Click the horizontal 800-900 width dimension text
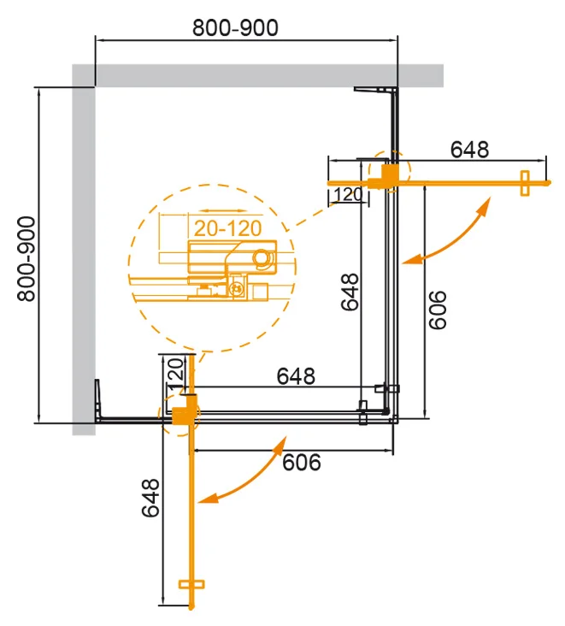point(235,28)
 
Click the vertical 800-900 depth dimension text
point(25,257)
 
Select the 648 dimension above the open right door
point(469,149)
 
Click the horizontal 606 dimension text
point(301,463)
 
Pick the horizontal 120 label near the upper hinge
point(348,195)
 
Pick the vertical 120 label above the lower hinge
point(174,375)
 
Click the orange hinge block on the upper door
point(387,176)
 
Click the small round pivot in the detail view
point(261,257)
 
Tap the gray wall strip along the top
point(256,75)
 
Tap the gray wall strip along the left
point(83,257)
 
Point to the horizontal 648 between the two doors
point(295,375)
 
